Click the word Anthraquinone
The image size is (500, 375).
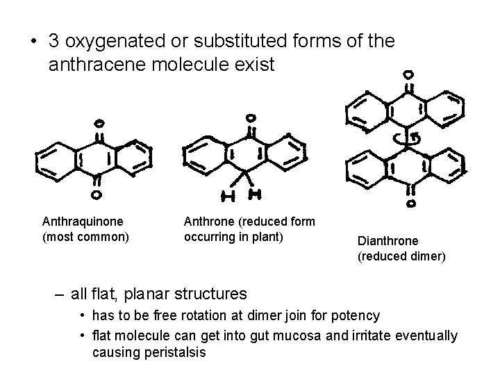point(83,221)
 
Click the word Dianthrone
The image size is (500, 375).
point(387,241)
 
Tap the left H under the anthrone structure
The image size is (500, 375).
point(229,197)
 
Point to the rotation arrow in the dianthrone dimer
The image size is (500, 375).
point(410,137)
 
